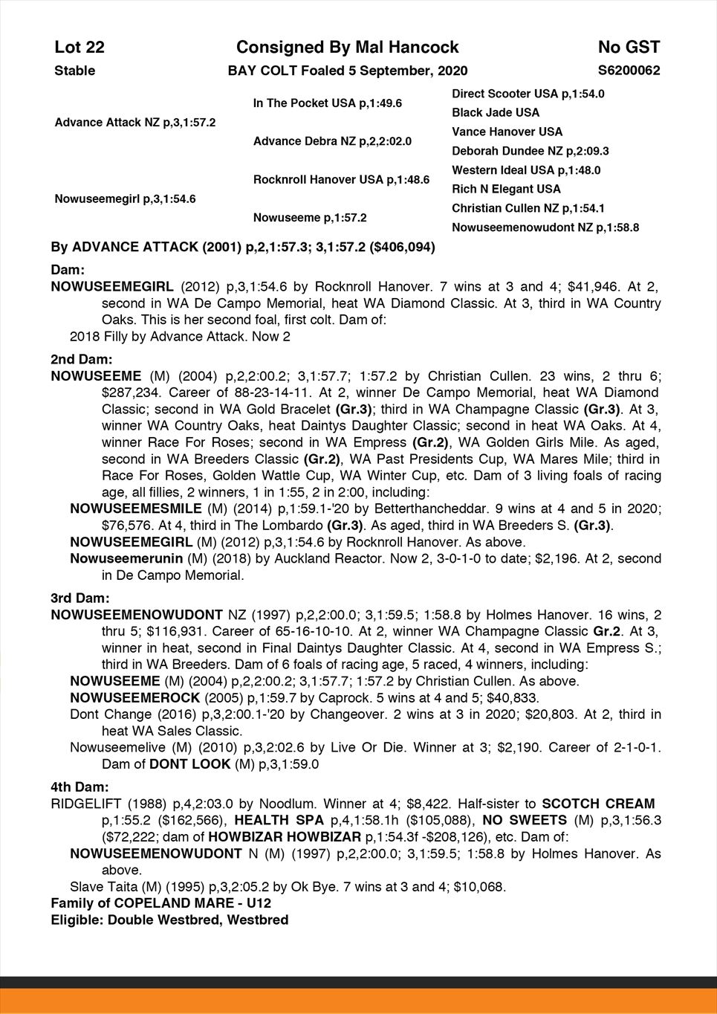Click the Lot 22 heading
click(x=80, y=48)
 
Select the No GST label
click(x=629, y=48)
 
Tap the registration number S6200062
click(x=629, y=71)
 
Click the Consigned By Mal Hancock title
click(x=347, y=48)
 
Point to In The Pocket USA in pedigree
click(x=327, y=103)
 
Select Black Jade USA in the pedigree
click(x=496, y=113)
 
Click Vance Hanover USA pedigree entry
click(x=507, y=132)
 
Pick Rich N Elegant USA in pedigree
click(x=506, y=190)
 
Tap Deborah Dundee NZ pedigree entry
click(x=530, y=152)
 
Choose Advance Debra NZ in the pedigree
click(x=332, y=141)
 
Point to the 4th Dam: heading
click(x=80, y=787)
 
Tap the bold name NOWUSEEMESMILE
click(x=136, y=509)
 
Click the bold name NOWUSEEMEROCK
click(x=135, y=698)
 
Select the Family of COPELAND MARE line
click(x=160, y=903)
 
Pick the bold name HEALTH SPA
click(x=279, y=821)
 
